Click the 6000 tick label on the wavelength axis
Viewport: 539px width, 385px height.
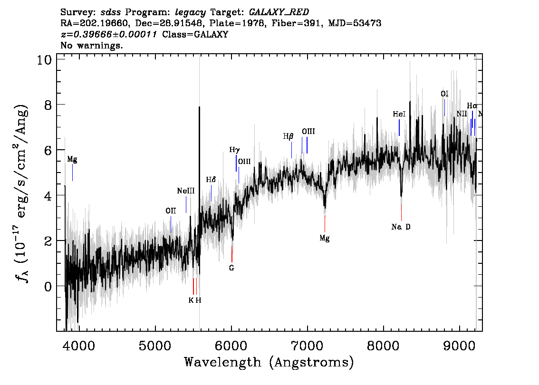click(231, 346)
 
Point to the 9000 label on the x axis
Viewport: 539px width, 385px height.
click(460, 346)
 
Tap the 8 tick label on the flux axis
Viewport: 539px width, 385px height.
click(48, 105)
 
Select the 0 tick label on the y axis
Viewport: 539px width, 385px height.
click(48, 286)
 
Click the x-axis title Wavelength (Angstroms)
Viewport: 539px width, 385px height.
click(269, 362)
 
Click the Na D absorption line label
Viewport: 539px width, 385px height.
click(401, 227)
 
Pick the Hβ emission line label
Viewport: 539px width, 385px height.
click(288, 136)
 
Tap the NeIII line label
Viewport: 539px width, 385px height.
click(186, 191)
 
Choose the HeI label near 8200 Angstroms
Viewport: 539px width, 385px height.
click(399, 114)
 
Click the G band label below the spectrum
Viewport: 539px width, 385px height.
click(231, 268)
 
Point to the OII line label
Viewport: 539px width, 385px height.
click(171, 211)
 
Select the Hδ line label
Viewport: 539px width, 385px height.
click(211, 180)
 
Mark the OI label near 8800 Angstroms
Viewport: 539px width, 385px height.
click(444, 94)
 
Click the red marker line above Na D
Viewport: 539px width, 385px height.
click(401, 213)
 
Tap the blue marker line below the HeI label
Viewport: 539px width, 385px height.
click(399, 127)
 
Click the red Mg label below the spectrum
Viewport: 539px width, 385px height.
click(325, 238)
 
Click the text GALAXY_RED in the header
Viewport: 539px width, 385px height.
click(279, 12)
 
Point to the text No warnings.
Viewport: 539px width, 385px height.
click(91, 45)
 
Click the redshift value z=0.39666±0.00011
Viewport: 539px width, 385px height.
click(109, 34)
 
